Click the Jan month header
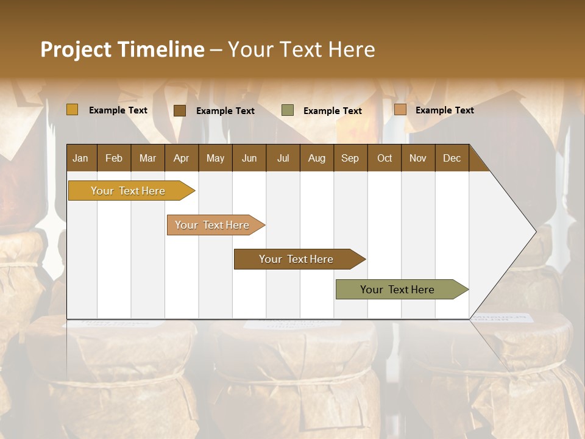[80, 158]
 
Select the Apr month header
[181, 158]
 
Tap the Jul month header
[283, 158]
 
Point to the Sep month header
[350, 158]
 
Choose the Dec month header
[452, 158]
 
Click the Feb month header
[114, 158]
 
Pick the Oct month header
[385, 158]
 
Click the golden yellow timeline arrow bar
[128, 191]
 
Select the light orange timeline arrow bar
[212, 225]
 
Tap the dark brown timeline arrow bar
[296, 259]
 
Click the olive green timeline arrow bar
[398, 290]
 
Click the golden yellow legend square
[73, 110]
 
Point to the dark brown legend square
[180, 110]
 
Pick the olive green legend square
[288, 110]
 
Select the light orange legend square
[400, 110]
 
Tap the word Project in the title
[76, 49]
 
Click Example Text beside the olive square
[332, 111]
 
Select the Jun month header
[249, 158]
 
